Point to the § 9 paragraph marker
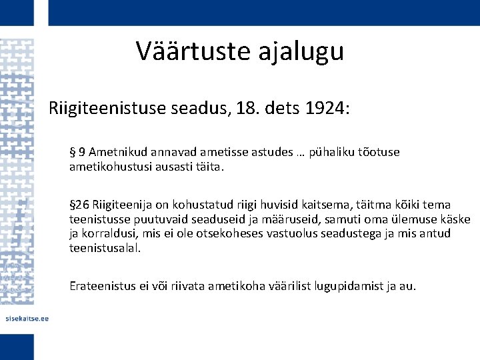[x=77, y=152]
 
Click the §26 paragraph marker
[x=80, y=204]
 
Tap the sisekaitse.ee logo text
[x=27, y=318]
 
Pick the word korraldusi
[x=109, y=233]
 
